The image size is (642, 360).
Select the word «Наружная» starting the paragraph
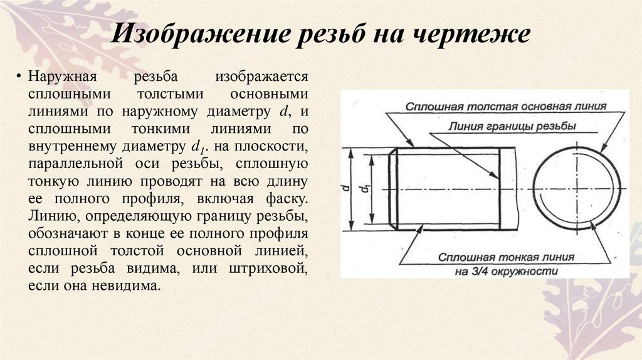60,77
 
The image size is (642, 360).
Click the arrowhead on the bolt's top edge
413,146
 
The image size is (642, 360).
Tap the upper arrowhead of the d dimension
352,152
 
